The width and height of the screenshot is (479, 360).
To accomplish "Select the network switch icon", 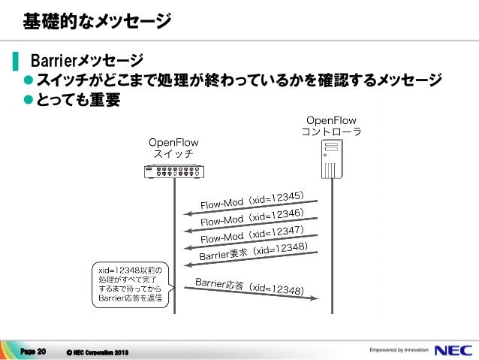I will click(x=173, y=171).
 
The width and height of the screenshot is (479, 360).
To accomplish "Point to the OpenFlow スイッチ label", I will click(x=173, y=147).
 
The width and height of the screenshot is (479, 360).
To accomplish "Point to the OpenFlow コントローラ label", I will click(x=331, y=126).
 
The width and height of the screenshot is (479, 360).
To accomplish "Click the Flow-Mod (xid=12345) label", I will click(x=252, y=201).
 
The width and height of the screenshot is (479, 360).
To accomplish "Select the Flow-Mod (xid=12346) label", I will click(x=252, y=217).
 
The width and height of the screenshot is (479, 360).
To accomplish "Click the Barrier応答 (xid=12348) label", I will click(x=249, y=286).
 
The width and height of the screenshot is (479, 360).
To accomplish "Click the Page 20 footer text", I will click(x=34, y=351).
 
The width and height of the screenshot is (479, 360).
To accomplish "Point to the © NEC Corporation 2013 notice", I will click(x=97, y=352).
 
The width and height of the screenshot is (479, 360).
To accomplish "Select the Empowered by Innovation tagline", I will click(x=399, y=350).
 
